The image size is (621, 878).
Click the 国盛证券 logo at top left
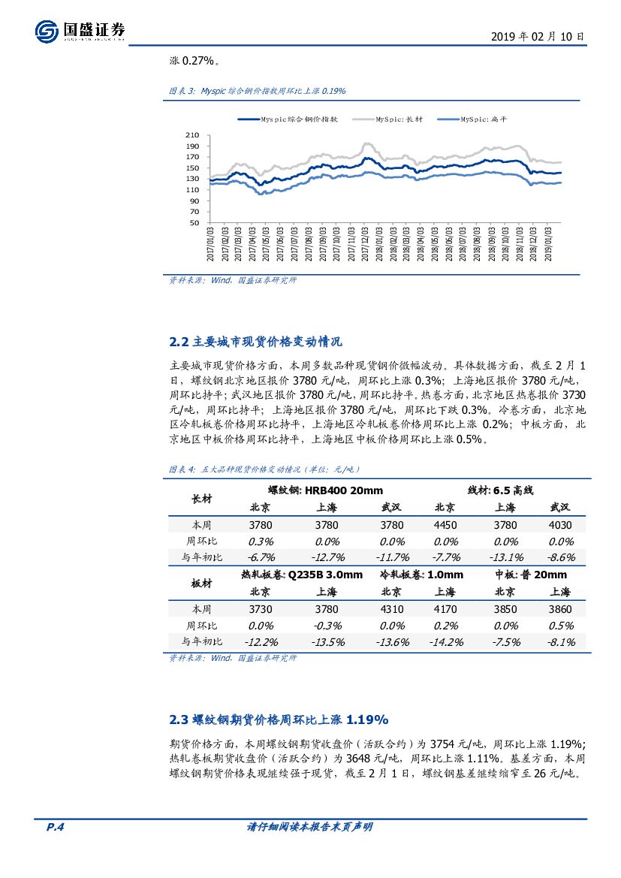pos(80,31)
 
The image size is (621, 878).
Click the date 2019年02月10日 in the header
pos(538,36)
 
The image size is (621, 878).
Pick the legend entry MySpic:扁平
pos(484,119)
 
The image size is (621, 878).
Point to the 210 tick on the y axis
pos(193,135)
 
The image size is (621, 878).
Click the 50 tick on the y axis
pos(195,223)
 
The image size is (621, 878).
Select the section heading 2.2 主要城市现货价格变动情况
pos(256,342)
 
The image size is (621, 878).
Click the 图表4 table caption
pos(265,469)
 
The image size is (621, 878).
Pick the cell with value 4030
pos(560,526)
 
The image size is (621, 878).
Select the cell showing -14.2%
pos(445,642)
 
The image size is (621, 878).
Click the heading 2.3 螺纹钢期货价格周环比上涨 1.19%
pos(279,720)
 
